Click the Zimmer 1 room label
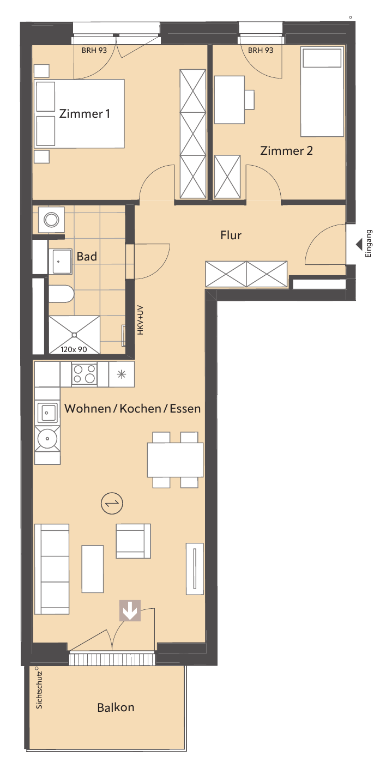click(85, 113)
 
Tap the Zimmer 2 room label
click(286, 150)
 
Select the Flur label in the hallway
click(231, 235)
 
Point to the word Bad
click(87, 256)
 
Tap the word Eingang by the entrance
click(369, 244)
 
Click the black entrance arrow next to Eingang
click(359, 244)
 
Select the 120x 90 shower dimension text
click(74, 349)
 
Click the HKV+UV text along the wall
click(140, 320)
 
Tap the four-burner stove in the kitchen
click(85, 374)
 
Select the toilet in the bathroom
click(61, 294)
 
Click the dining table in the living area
click(175, 460)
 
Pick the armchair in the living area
click(133, 541)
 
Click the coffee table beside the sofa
click(93, 569)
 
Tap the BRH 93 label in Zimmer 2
click(261, 50)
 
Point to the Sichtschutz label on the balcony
click(39, 690)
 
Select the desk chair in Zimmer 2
click(249, 100)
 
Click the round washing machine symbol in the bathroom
click(51, 220)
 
